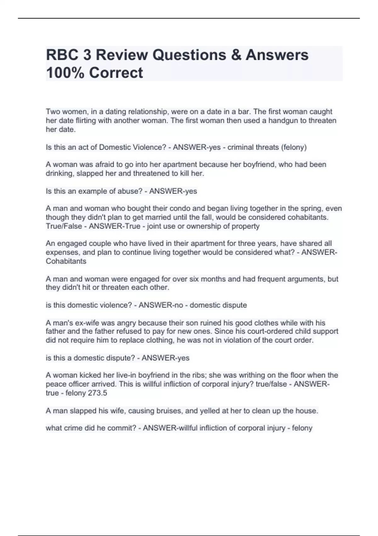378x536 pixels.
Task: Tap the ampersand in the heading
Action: coord(236,55)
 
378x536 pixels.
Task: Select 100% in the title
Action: coord(65,73)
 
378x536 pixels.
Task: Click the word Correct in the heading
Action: coord(116,73)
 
